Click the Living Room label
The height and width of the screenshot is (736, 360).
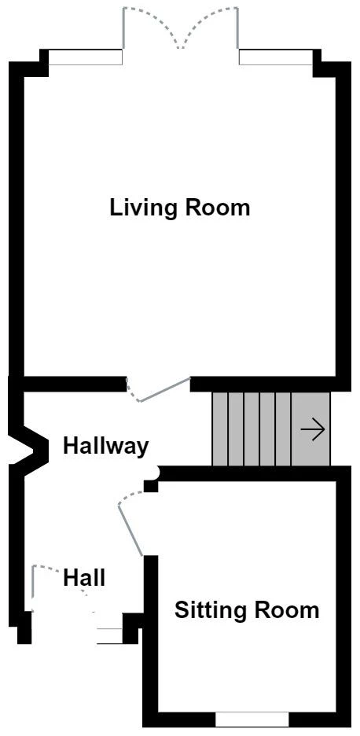[180, 208]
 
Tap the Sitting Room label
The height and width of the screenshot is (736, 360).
[247, 610]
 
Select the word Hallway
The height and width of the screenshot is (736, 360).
[105, 447]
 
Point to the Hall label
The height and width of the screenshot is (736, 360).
[84, 579]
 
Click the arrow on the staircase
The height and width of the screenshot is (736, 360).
[312, 430]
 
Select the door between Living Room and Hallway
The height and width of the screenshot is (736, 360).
[161, 391]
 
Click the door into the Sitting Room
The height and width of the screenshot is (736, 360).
[130, 524]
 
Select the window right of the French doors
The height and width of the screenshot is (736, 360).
[276, 57]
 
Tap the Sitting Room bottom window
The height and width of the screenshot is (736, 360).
[252, 719]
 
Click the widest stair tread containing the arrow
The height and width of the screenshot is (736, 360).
[310, 429]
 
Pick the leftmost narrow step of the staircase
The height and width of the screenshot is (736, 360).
[220, 429]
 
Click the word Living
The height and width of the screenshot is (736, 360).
[145, 208]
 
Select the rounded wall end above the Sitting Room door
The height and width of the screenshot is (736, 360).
[153, 473]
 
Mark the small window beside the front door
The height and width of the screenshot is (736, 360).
[109, 636]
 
